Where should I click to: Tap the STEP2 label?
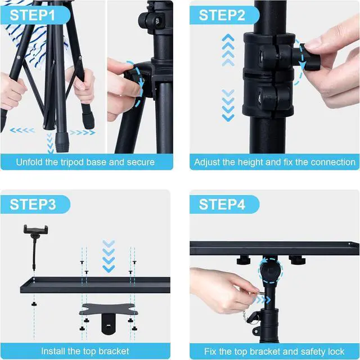pyautogui.click(x=222, y=15)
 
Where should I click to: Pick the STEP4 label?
pyautogui.click(x=222, y=204)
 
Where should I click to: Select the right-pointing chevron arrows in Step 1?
pyautogui.click(x=82, y=132)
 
